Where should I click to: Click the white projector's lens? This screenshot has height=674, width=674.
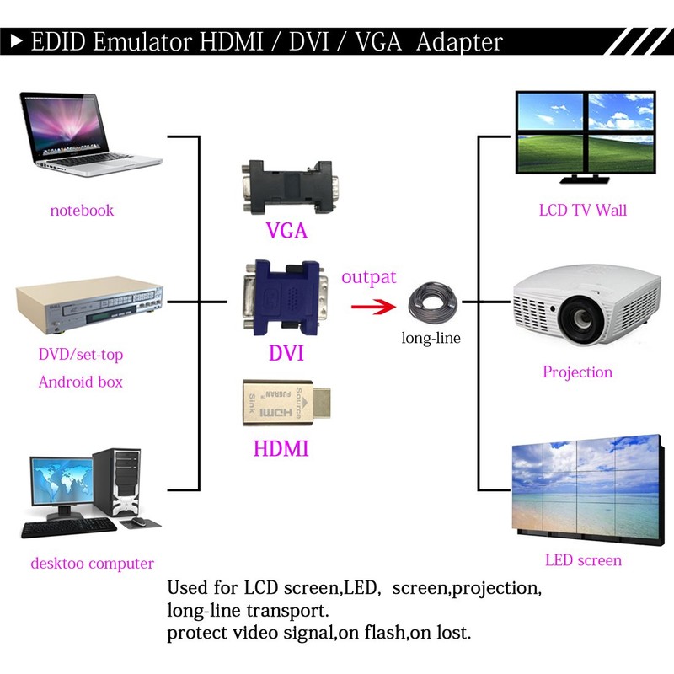[x=582, y=321]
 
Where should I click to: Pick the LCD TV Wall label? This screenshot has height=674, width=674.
[x=583, y=210]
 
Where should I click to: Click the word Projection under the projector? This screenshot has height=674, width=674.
[x=578, y=372]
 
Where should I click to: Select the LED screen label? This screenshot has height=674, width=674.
[x=583, y=560]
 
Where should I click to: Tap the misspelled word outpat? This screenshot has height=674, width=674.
[x=369, y=277]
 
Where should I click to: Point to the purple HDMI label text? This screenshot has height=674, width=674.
[x=281, y=447]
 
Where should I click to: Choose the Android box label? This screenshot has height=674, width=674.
[x=81, y=382]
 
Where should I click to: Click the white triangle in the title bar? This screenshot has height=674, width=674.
[x=16, y=40]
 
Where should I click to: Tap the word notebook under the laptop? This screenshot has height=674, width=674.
[x=82, y=210]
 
